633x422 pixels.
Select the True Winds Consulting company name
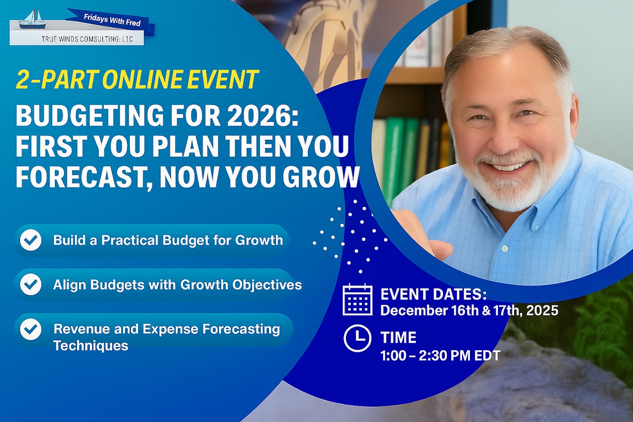pos(87,39)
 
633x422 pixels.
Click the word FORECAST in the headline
pos(84,177)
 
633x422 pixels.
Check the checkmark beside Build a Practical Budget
pos(31,240)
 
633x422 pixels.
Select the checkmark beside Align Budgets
pos(31,284)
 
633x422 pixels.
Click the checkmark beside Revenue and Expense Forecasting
pos(31,329)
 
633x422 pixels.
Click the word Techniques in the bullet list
pos(91,346)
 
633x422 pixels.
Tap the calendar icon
pos(357,299)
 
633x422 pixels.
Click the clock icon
pos(358,338)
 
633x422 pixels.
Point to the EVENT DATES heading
pos(434,294)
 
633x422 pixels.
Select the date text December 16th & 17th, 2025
pos(469,310)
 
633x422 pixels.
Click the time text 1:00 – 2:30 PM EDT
pos(440,356)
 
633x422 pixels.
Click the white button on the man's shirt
pos(505,248)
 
